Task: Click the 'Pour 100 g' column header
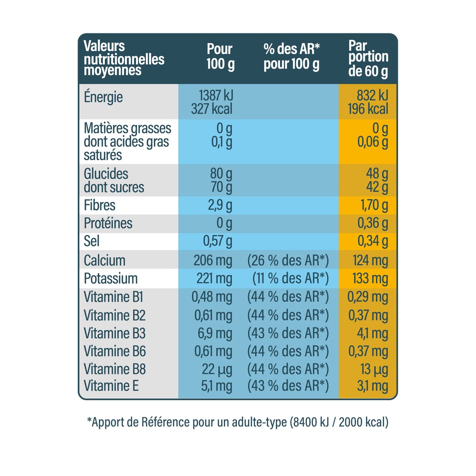tap(220, 56)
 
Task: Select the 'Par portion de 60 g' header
tap(368, 59)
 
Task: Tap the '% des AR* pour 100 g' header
tap(292, 56)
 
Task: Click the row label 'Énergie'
tap(103, 97)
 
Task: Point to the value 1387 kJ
tap(216, 95)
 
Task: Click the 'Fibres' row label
tap(100, 205)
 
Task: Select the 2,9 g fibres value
tap(220, 205)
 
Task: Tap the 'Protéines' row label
tap(108, 223)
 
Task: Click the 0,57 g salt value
tap(218, 241)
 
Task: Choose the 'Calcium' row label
tap(104, 261)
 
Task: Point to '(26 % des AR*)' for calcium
tap(288, 261)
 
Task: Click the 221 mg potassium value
tap(214, 278)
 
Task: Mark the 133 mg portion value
tap(370, 278)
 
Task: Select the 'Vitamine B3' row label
tap(115, 333)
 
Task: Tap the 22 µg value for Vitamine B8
tap(217, 369)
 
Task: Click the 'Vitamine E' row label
tap(111, 386)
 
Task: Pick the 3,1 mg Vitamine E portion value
tap(372, 386)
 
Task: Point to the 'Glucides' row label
tap(106, 174)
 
